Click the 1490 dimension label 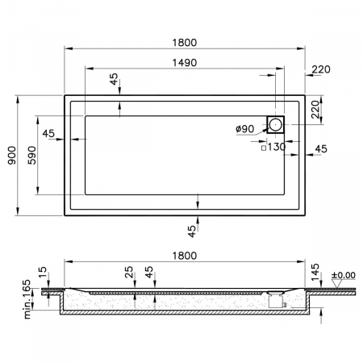click(x=185, y=63)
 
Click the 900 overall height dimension click(x=12, y=156)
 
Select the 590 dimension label click(x=32, y=156)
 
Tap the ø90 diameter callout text click(x=245, y=129)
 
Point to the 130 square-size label click(x=277, y=147)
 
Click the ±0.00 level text click(x=344, y=275)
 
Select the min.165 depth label click(x=27, y=299)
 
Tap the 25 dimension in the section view click(x=129, y=272)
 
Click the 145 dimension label click(x=315, y=272)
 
